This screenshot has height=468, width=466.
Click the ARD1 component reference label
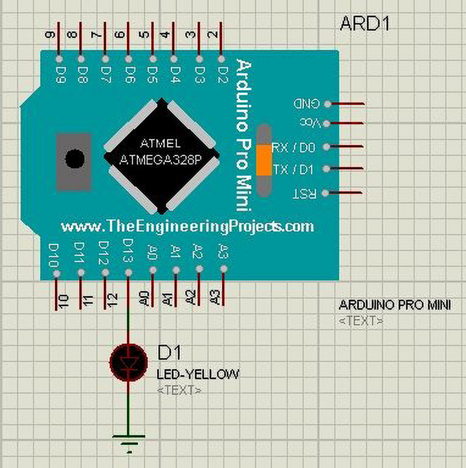(365, 24)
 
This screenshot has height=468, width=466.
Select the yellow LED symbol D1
(128, 362)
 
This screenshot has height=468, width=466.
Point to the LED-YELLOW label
(197, 375)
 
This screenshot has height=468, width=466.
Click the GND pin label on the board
(306, 103)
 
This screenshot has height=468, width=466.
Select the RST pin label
(304, 193)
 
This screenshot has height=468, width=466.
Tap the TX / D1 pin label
(293, 169)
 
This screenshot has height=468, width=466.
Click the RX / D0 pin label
(293, 148)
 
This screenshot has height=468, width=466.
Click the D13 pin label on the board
(128, 251)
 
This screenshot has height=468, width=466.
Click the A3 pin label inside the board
(223, 250)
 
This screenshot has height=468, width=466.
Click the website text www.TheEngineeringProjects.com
(187, 226)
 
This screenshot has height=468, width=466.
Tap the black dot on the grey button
(74, 159)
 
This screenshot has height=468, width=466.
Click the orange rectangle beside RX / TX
(264, 160)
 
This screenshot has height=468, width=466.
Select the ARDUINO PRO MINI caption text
(395, 305)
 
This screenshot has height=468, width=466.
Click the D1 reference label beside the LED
(169, 352)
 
